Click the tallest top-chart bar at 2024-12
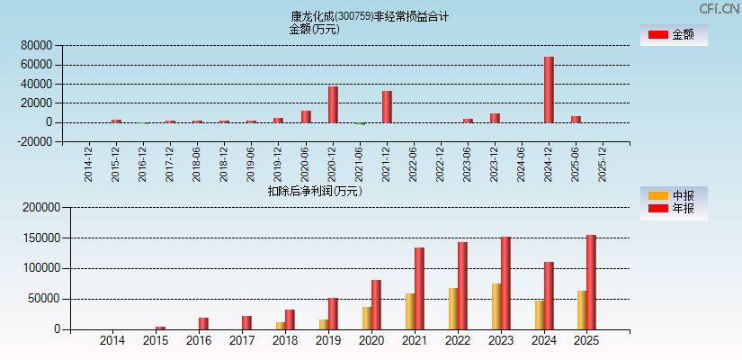click(549, 89)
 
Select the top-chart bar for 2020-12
click(333, 103)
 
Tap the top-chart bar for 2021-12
click(387, 106)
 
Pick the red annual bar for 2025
click(591, 282)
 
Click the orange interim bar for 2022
click(453, 308)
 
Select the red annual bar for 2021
click(419, 288)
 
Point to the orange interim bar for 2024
click(540, 314)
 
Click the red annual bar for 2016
click(203, 323)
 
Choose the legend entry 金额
click(674, 34)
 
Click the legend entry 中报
click(674, 195)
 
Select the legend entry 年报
click(674, 209)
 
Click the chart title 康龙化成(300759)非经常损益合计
click(370, 16)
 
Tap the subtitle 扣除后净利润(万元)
click(315, 191)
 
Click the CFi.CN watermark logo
click(719, 8)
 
